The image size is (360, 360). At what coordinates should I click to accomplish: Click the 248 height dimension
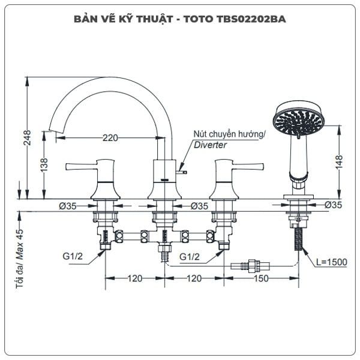[x=28, y=138]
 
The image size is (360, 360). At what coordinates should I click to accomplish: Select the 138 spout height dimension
[x=44, y=164]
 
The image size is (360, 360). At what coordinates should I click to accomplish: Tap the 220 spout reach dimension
[x=110, y=138]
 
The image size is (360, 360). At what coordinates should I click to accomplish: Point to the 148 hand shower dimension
[x=339, y=162]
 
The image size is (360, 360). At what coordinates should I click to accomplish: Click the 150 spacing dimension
[x=261, y=278]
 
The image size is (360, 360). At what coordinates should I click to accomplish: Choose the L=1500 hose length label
[x=332, y=262]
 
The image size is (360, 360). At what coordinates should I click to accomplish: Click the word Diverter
[x=210, y=145]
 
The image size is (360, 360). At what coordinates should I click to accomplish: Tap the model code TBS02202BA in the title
[x=251, y=19]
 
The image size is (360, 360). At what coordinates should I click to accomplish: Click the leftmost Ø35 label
[x=67, y=206]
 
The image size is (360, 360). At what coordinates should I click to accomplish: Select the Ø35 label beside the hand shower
[x=333, y=205]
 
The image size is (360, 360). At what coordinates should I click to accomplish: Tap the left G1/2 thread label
[x=73, y=256]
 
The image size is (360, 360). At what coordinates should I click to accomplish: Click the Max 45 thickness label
[x=20, y=244]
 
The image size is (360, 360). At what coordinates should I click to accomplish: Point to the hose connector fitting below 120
[x=250, y=266]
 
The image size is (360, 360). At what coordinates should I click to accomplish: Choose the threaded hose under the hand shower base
[x=298, y=239]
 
